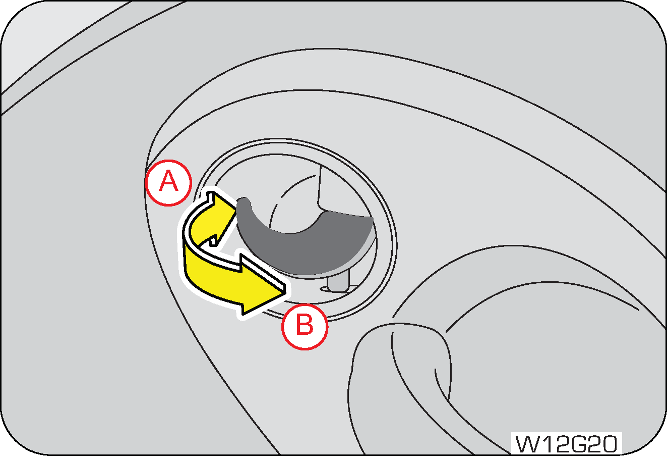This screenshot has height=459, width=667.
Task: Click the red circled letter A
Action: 168,182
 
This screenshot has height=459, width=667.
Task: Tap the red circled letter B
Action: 305,326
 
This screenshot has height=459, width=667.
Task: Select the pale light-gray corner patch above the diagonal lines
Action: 45,36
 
